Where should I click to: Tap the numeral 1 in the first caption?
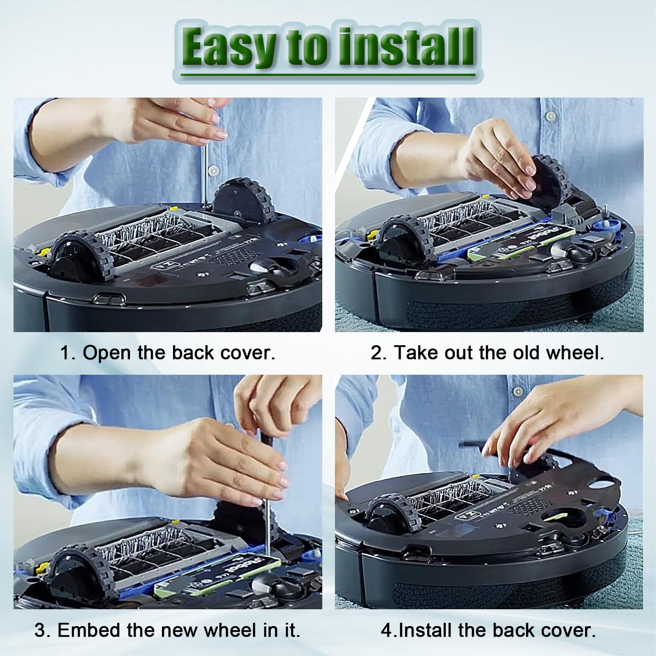click(64, 353)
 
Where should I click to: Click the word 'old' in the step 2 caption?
click(526, 353)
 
